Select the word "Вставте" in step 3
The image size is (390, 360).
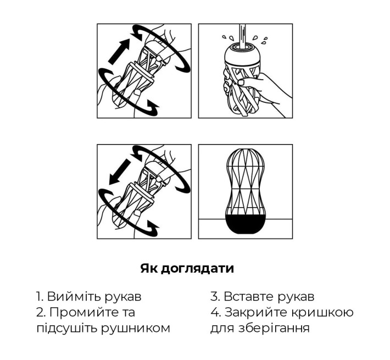pyautogui.click(x=246, y=297)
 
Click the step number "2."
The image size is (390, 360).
pyautogui.click(x=41, y=313)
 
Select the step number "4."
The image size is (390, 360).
pyautogui.click(x=215, y=313)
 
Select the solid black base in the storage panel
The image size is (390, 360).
pyautogui.click(x=246, y=227)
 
